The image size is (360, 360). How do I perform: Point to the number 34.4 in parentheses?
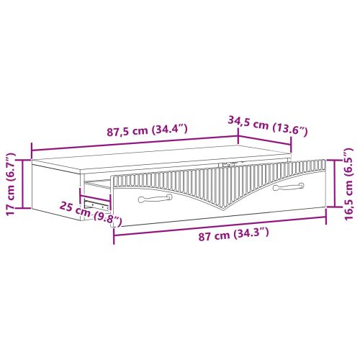tap(174, 129)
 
